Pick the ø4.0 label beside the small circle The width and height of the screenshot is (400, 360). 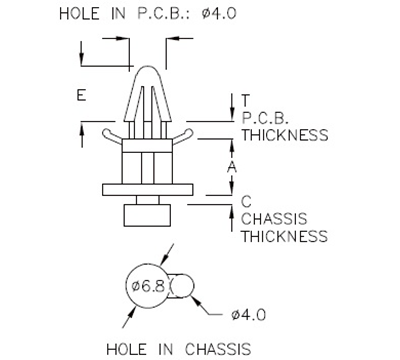click(x=247, y=314)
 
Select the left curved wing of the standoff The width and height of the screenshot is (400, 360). click(x=112, y=131)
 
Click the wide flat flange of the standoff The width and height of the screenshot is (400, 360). click(x=146, y=189)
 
